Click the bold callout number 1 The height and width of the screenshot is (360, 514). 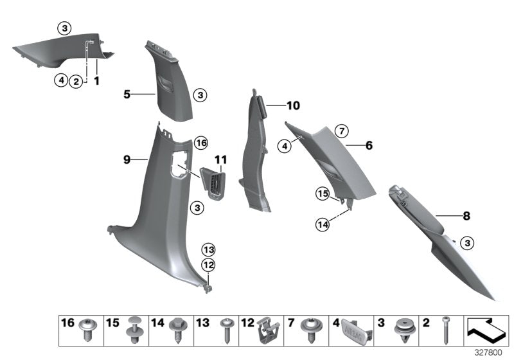(x=97, y=81)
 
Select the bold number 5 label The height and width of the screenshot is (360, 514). (x=127, y=94)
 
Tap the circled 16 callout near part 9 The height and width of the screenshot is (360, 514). (x=201, y=142)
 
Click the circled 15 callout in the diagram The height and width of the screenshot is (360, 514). (x=323, y=193)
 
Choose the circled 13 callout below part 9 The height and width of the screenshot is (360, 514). (x=208, y=249)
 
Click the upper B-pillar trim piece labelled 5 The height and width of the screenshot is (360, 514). (x=171, y=80)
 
